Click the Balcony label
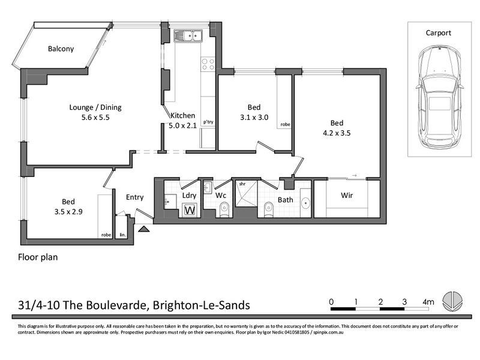click(x=61, y=49)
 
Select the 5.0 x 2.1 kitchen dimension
click(x=182, y=125)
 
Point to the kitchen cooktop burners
click(x=208, y=64)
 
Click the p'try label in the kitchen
click(x=208, y=122)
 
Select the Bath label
click(x=284, y=200)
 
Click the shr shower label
click(x=242, y=184)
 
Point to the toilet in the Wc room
click(x=224, y=208)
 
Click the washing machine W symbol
click(x=190, y=210)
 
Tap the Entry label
click(x=135, y=197)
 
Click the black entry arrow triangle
click(x=143, y=229)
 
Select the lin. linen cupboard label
click(x=123, y=235)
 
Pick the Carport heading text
click(x=438, y=33)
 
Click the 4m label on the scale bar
click(x=428, y=302)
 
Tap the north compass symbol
click(x=452, y=301)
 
